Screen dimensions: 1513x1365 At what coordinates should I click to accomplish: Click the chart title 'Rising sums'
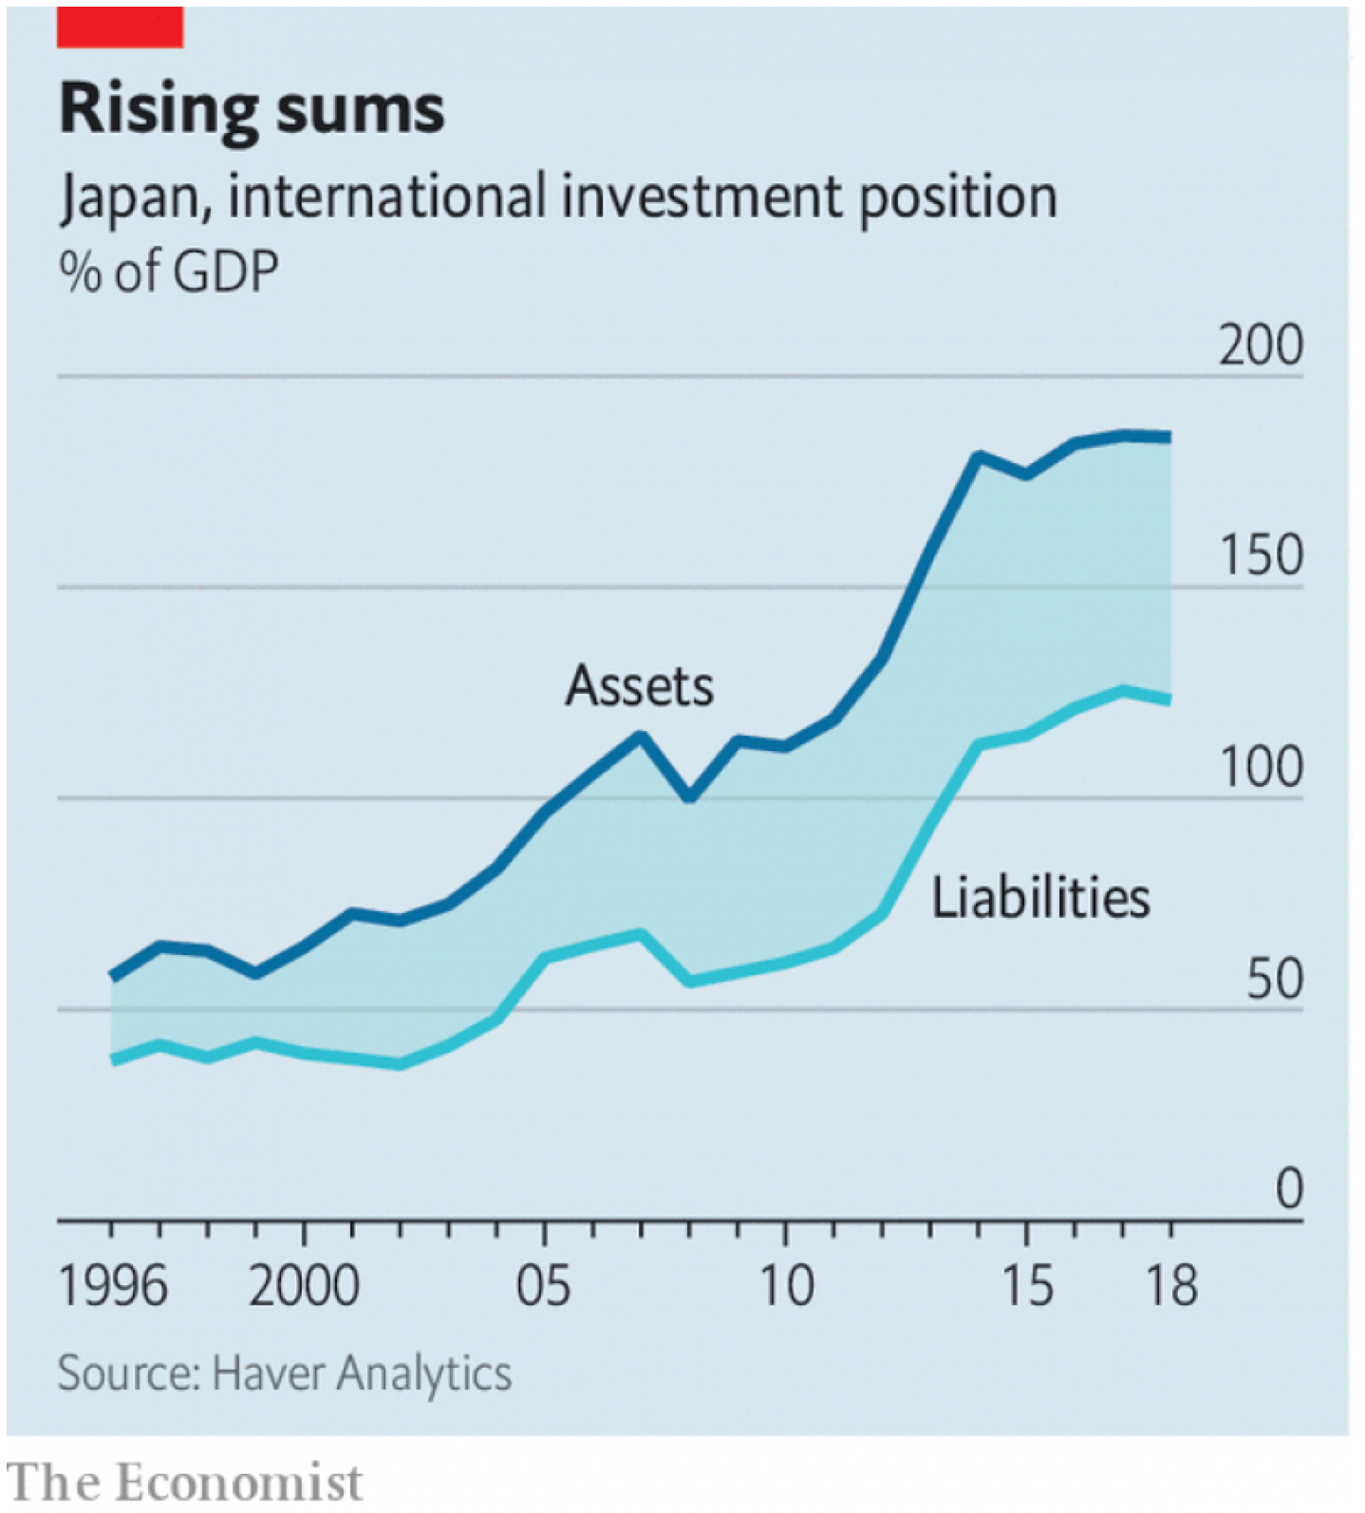tap(252, 109)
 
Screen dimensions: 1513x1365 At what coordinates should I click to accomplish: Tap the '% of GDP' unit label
tap(169, 271)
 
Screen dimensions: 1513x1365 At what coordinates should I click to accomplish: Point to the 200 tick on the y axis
tap(1261, 346)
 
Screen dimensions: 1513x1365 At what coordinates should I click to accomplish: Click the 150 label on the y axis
tap(1261, 556)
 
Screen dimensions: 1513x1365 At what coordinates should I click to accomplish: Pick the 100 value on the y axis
tap(1261, 768)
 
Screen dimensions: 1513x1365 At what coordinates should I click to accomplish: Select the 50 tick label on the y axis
tap(1274, 980)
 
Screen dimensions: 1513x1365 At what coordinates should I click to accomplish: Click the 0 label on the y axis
tap(1288, 1189)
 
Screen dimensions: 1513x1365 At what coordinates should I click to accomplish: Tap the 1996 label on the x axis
tap(113, 1287)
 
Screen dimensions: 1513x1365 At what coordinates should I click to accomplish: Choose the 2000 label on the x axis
tap(304, 1287)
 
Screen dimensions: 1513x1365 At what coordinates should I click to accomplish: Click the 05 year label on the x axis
tap(544, 1287)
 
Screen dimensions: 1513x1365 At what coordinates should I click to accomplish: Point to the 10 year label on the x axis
tap(786, 1287)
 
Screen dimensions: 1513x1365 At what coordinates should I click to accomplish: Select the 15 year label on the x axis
tap(1027, 1287)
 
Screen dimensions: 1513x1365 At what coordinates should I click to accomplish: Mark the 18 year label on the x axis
tap(1172, 1287)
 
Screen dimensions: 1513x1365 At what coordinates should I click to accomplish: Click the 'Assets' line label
tap(639, 686)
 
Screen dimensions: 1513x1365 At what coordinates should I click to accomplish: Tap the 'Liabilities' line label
tap(1040, 898)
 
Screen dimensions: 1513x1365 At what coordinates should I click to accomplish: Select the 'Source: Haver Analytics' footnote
tap(285, 1373)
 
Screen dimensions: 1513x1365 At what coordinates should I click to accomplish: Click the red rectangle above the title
tap(120, 27)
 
